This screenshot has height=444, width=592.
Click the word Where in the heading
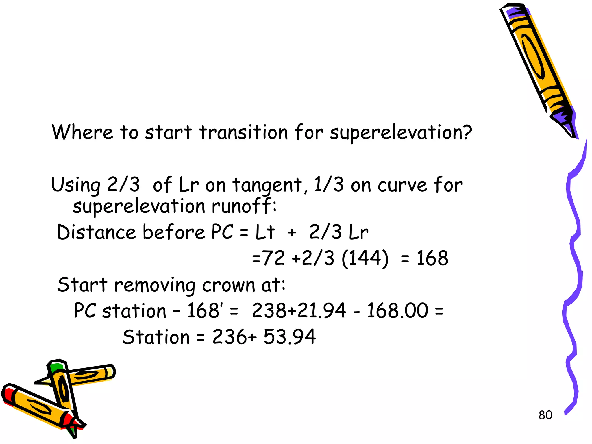(x=82, y=132)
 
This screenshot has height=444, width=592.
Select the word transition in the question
(x=244, y=132)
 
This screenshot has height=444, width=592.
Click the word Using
(x=75, y=185)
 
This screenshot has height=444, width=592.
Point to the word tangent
(x=268, y=185)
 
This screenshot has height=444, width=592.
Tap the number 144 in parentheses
(x=365, y=258)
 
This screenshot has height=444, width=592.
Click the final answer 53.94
(x=289, y=337)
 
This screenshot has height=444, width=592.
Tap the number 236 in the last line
(x=230, y=337)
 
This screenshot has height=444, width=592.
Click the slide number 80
(x=545, y=415)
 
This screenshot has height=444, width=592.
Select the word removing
(x=155, y=285)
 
